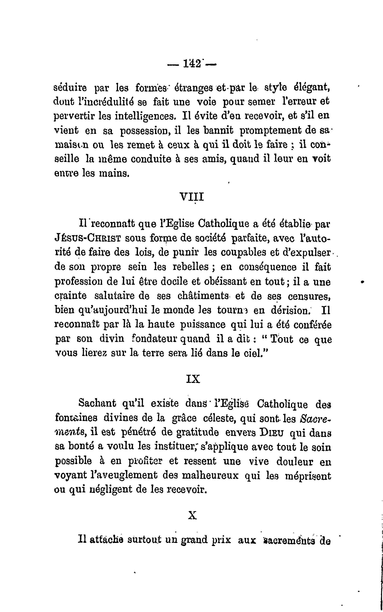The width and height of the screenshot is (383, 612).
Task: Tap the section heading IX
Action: pyautogui.click(x=193, y=379)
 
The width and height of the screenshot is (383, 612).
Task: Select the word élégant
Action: pyautogui.click(x=311, y=88)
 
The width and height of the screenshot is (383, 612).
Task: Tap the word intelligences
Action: pyautogui.click(x=145, y=116)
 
